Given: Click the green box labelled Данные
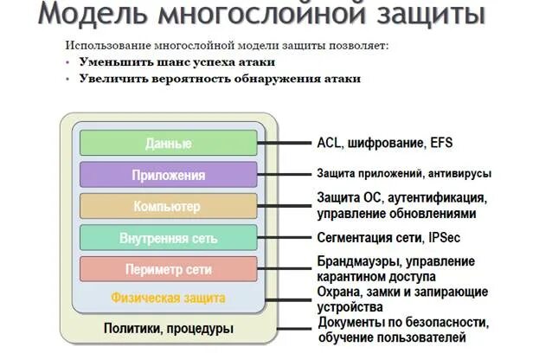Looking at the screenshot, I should point(169,143).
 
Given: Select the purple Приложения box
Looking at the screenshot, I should point(169,175).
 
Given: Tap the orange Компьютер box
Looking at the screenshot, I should point(169,207).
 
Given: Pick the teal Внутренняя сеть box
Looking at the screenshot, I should point(169,238).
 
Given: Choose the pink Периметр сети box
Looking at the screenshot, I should point(169,268).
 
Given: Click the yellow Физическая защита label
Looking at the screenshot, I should point(168,298).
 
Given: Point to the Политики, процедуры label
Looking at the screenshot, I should point(169,328).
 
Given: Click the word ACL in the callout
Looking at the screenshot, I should point(330,143).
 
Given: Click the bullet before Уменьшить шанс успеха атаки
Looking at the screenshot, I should point(68,61).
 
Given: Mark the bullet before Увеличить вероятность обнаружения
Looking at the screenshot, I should point(68,78).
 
